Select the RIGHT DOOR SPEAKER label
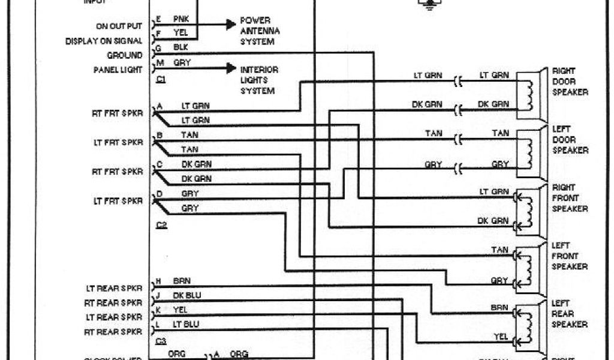coord(570,82)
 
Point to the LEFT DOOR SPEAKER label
coord(570,140)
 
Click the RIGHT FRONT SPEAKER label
coord(570,198)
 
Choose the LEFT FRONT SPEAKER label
coord(570,256)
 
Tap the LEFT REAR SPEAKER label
coord(570,314)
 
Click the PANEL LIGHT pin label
coord(118,70)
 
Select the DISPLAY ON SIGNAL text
coord(104,41)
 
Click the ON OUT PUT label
coord(119,26)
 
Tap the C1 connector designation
coord(161,79)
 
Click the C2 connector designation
coord(161,225)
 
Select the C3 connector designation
coord(161,341)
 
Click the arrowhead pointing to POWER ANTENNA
coord(230,25)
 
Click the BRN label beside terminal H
coord(181,281)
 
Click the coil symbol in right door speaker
coord(528,91)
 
